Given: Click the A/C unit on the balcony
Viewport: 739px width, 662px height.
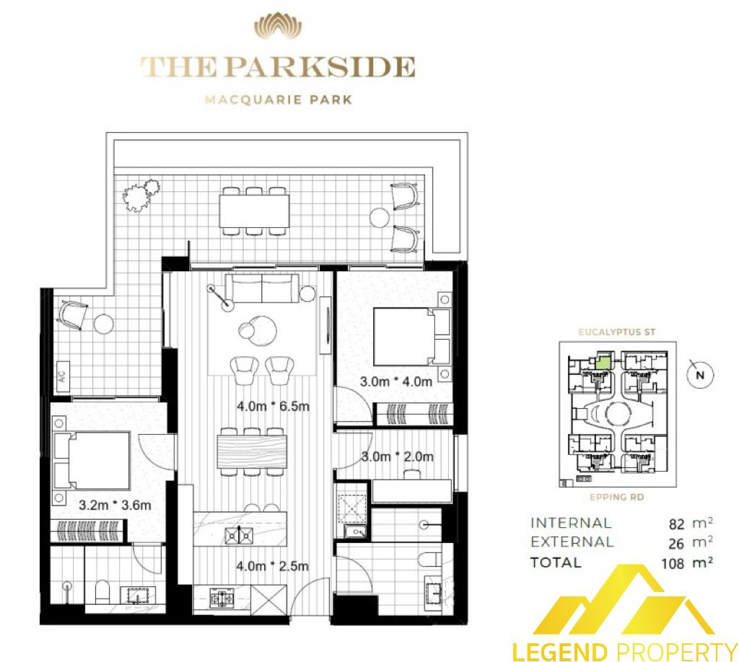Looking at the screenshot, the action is click(64, 371).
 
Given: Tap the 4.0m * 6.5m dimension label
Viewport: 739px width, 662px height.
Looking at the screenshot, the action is click(273, 406).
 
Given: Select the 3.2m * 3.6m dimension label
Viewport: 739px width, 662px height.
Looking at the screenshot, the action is click(115, 506).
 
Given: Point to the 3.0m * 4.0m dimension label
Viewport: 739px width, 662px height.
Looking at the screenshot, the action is click(396, 381).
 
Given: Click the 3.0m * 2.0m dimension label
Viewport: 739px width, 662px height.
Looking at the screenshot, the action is click(398, 456).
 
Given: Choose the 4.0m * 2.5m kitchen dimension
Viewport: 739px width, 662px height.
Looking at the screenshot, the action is click(272, 565).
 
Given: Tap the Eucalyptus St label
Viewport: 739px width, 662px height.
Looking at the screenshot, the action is click(617, 332).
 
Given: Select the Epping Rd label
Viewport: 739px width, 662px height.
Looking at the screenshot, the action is click(617, 497).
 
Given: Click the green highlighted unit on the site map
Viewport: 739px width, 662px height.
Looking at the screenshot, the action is click(601, 361).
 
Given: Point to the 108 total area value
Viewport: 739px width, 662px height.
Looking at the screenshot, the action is click(673, 563).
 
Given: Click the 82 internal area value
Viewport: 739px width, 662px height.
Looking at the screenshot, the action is click(676, 524).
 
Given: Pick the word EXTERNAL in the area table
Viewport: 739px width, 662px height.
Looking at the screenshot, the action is click(572, 542).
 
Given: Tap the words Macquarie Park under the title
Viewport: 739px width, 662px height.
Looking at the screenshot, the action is click(278, 100).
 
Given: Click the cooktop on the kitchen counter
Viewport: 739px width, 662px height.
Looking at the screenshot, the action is click(221, 599).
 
